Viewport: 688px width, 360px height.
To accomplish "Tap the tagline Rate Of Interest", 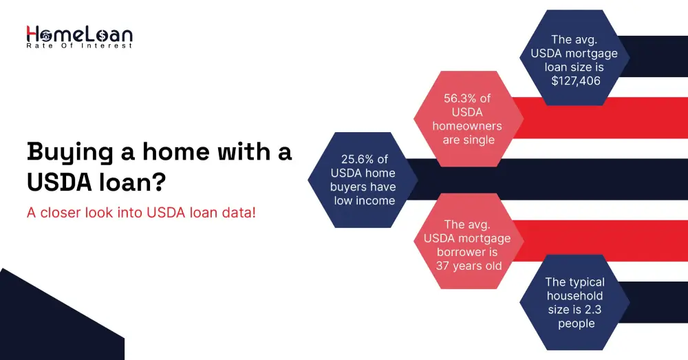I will point(80,46).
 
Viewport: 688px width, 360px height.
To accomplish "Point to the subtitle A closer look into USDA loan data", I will point(141,213).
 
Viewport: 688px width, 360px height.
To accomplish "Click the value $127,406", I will point(576,81).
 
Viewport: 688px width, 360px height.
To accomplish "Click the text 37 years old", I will point(469,266).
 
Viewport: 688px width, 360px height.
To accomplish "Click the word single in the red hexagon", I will point(479,140).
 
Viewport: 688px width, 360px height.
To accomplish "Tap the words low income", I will point(365,200).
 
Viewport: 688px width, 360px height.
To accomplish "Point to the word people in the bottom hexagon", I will point(576,324).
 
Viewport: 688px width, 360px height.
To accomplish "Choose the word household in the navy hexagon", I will point(575,296).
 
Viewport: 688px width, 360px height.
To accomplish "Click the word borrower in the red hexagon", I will point(467,252).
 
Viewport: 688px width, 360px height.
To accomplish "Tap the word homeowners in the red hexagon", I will point(467,126).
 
